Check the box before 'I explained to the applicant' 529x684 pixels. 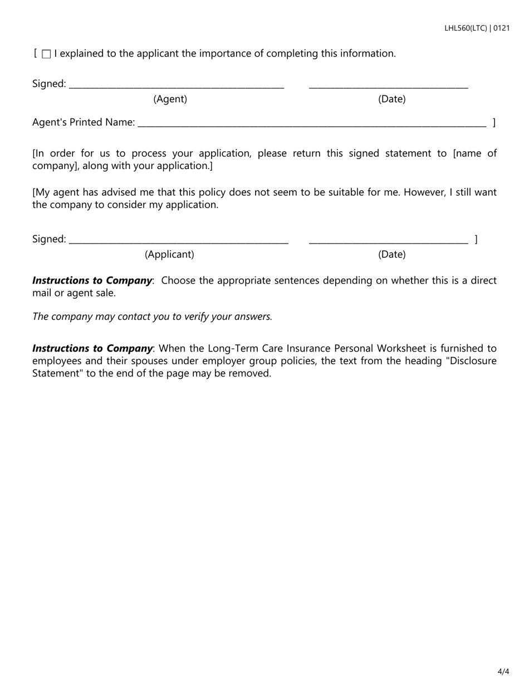[x=47, y=54]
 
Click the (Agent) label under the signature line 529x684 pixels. [x=170, y=99]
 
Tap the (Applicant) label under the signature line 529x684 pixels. [x=169, y=254]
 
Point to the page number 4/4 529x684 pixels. [x=503, y=671]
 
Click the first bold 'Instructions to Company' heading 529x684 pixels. [x=92, y=281]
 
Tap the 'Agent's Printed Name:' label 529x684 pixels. [x=84, y=122]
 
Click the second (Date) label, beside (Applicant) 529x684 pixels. [x=391, y=254]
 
